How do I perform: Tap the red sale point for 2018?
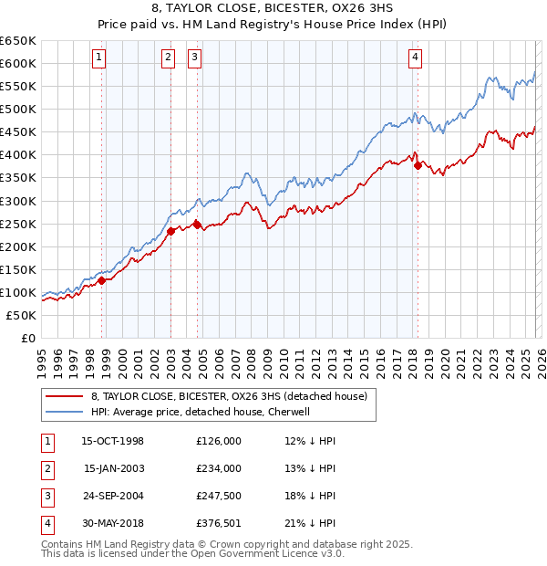click(418, 165)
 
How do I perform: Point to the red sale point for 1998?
click(102, 280)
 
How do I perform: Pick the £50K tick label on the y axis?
click(22, 315)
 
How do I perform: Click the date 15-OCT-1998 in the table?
click(113, 441)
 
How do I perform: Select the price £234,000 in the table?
click(219, 468)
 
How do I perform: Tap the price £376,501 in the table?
click(219, 523)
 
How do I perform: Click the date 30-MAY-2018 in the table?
click(113, 523)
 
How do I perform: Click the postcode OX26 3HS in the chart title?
click(356, 10)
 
